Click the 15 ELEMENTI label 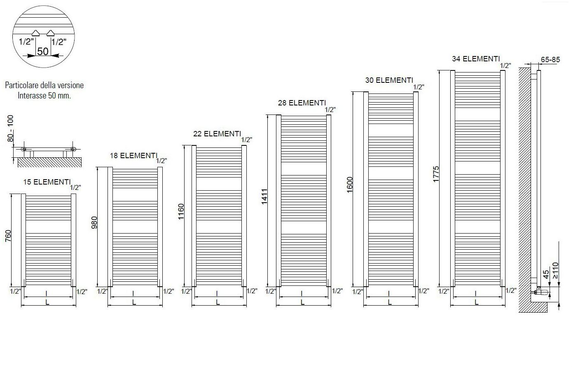coord(46,182)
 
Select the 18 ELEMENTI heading coord(133,156)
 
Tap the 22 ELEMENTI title coord(217,134)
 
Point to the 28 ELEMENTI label coord(302,103)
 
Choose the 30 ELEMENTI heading coord(389,80)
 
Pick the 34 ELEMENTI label coord(476,59)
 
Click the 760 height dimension coord(9,236)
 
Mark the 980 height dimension coord(94,222)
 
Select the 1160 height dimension coord(181,212)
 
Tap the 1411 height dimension coord(264,196)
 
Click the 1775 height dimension coord(437,174)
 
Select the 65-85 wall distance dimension coord(550,60)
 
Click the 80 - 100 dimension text coord(10,128)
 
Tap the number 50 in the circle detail coord(43,51)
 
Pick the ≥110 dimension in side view coord(556,270)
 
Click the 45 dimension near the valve coord(546,274)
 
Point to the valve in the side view coord(541,292)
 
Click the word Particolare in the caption coord(21,85)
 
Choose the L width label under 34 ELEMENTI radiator coord(477,302)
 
